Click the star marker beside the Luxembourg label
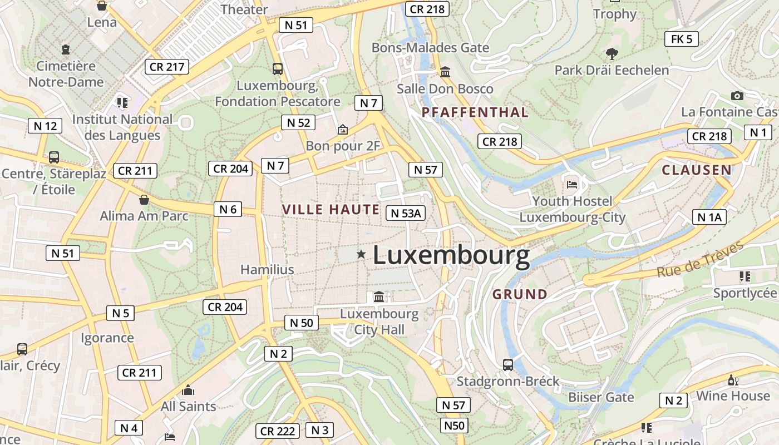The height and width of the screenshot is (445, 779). pos(361,254)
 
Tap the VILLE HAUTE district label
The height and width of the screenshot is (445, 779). pos(331,210)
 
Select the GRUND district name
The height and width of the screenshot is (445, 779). pos(520,294)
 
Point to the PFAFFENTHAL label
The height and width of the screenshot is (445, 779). pos(475,112)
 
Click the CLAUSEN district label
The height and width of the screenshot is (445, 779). pos(697,170)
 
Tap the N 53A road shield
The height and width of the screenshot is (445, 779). pos(406,213)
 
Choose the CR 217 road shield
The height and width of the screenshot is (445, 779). pos(166,67)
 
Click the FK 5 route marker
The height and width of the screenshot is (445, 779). pos(681,39)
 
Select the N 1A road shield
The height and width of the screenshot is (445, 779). pos(709,217)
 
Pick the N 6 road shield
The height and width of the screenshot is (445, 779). pos(228,209)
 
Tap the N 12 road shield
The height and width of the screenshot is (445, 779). pos(45,126)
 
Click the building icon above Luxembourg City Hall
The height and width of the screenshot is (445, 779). pos(379,297)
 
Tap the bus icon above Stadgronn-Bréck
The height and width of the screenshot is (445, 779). pos(508,365)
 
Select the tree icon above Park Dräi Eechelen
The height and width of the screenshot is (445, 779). pos(612,54)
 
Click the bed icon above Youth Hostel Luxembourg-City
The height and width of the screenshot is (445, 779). pos(572,184)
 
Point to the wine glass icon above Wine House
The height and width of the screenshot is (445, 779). pos(733,380)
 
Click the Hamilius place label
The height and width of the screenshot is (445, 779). pos(267,270)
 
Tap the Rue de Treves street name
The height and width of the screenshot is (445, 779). pos(700,259)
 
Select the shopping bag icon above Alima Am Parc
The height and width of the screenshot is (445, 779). pos(144,200)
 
